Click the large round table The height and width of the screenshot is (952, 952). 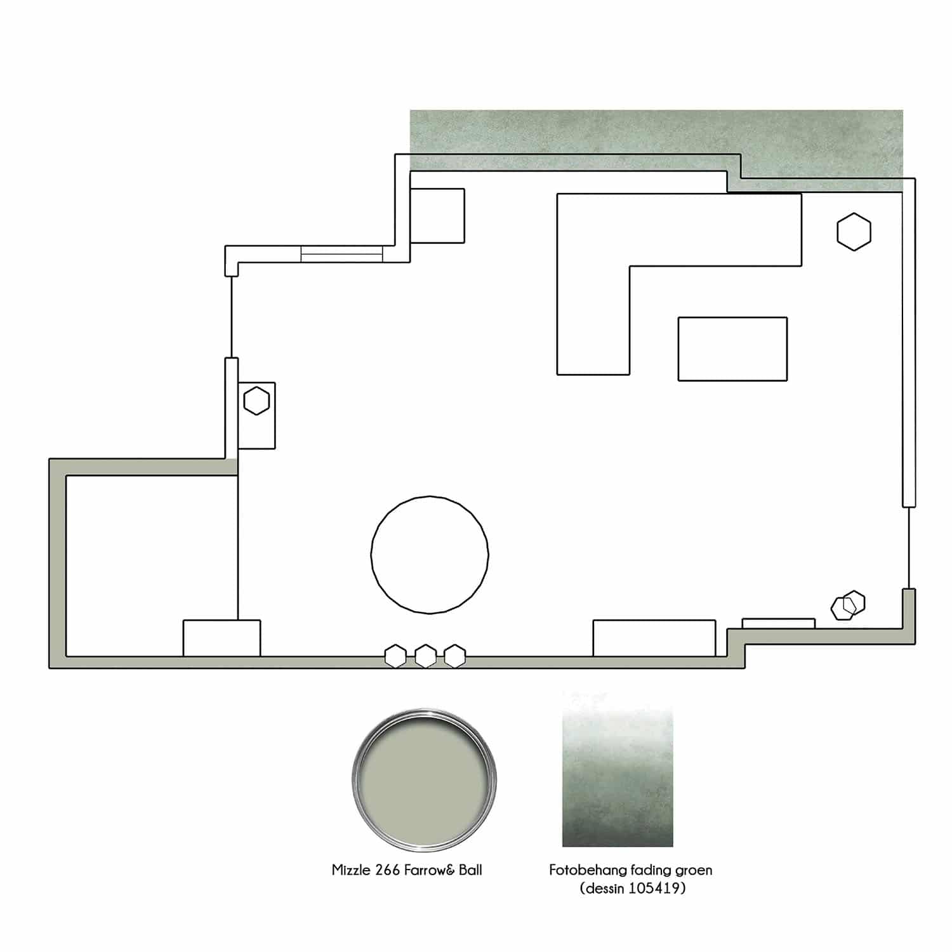pos(430,555)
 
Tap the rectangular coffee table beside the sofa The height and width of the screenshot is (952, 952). pos(732,349)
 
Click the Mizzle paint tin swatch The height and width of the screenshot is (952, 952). pos(424,780)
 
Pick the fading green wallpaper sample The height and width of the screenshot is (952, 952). pos(618,769)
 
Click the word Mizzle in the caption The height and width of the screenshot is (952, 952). pos(352,869)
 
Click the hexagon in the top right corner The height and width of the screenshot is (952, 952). pos(854,232)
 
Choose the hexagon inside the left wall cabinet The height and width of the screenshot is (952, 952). pos(256,401)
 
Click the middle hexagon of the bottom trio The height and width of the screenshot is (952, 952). pos(425,656)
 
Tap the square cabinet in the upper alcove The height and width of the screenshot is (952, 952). pos(437,215)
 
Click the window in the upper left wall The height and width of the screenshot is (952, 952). pos(341,254)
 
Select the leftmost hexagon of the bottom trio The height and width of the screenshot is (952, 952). pos(396,656)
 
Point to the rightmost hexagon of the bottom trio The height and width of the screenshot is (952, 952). pos(454,656)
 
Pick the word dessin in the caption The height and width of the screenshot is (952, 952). pos(603,888)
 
